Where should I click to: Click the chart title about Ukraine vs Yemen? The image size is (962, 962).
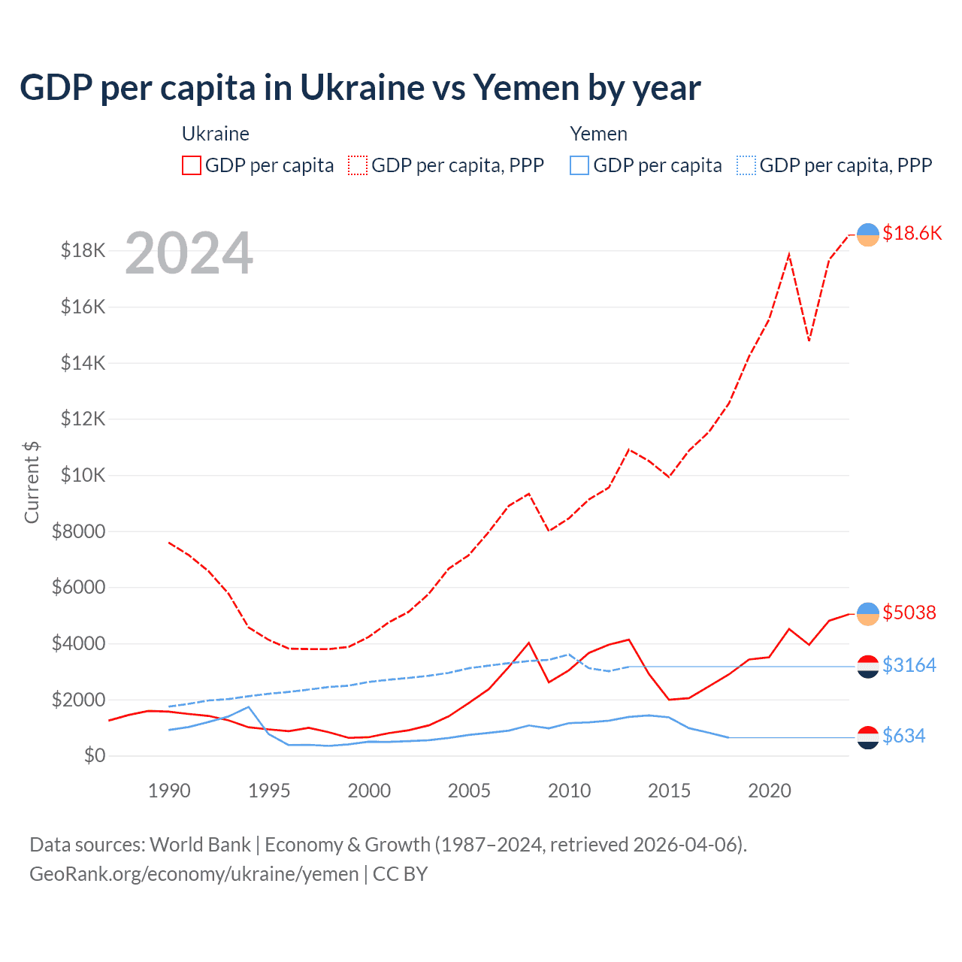(360, 88)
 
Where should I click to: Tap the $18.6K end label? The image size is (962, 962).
(912, 233)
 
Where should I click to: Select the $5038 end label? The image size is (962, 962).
(909, 613)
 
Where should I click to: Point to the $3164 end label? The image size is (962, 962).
(909, 665)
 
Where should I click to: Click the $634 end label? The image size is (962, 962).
(903, 736)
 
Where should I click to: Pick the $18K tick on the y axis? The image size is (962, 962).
(83, 250)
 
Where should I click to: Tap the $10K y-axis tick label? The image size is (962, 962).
(83, 475)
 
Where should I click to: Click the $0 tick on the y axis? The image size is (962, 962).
(94, 755)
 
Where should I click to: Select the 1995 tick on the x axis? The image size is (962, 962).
(269, 791)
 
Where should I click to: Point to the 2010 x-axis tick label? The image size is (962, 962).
(569, 791)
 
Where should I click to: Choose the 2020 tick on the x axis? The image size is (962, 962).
(769, 791)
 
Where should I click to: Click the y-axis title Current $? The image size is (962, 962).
(32, 482)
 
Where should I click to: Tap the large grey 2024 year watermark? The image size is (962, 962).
(189, 253)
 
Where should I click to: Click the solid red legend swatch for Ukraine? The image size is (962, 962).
(192, 165)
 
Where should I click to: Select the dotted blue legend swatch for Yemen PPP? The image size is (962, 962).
(746, 165)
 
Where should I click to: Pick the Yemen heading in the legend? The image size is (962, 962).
(598, 134)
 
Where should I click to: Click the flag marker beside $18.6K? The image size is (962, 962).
(868, 234)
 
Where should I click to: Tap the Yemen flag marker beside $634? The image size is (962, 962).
(868, 737)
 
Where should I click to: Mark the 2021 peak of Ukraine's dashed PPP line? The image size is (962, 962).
(789, 254)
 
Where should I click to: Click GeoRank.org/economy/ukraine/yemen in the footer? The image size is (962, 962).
(194, 874)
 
